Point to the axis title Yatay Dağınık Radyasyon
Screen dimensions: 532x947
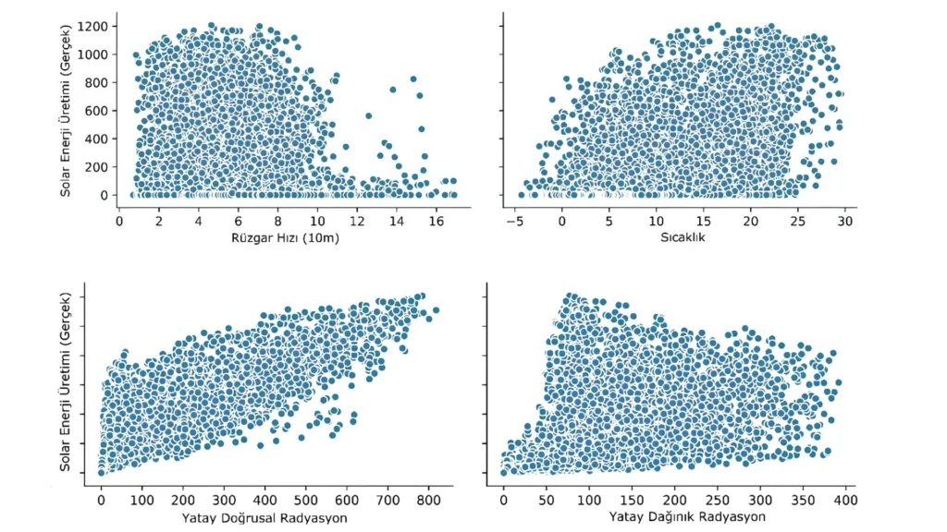[687, 517]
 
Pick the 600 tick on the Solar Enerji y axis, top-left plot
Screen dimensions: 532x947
[97, 110]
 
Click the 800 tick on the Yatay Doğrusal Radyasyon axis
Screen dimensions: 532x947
[428, 500]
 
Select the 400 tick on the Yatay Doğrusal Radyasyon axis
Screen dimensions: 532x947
[264, 500]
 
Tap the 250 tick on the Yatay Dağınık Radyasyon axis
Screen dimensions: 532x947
[717, 500]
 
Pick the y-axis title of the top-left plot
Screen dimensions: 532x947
[68, 105]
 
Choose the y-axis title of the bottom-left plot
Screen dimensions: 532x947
[68, 388]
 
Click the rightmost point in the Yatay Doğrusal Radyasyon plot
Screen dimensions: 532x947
[436, 310]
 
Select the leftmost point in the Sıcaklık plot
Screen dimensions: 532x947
[522, 195]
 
